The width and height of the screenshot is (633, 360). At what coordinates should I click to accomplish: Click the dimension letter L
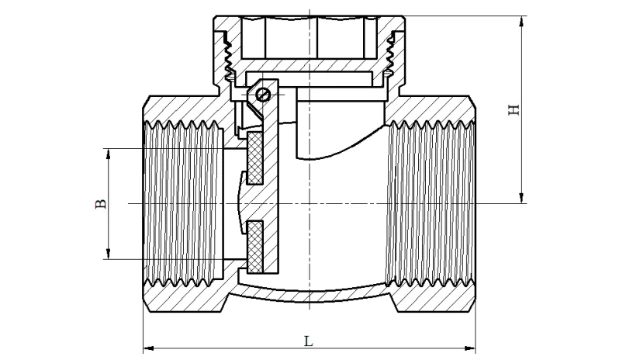[308, 340]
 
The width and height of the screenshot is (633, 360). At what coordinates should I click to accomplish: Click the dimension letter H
[513, 110]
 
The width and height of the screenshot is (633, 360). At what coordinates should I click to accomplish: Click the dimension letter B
[99, 204]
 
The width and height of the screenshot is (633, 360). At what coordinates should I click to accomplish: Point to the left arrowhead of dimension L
[148, 347]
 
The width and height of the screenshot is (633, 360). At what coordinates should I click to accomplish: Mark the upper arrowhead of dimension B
[109, 153]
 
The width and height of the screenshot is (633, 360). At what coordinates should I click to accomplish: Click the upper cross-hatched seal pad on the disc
[254, 160]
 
